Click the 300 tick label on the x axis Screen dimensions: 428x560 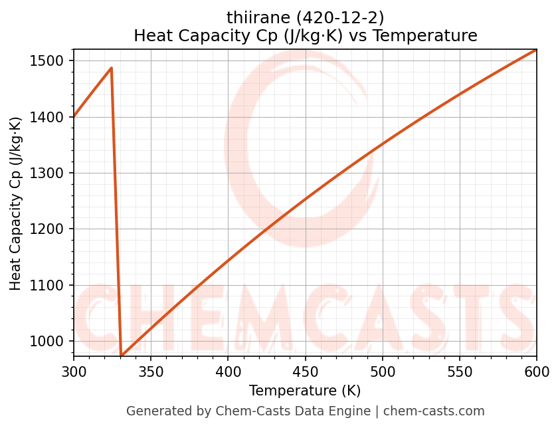click(x=74, y=372)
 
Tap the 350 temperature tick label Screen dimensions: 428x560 click(x=151, y=372)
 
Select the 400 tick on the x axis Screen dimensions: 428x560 click(x=228, y=372)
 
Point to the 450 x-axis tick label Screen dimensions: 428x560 click(x=305, y=372)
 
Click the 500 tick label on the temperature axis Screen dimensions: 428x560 click(x=383, y=372)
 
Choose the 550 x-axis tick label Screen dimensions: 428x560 click(x=460, y=372)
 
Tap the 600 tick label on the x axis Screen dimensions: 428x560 click(x=537, y=372)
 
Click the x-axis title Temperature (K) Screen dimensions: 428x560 click(x=305, y=391)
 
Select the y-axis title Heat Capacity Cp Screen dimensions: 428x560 click(x=16, y=203)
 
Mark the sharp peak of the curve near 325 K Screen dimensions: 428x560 click(x=111, y=68)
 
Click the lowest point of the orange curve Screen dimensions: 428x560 click(x=122, y=356)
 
